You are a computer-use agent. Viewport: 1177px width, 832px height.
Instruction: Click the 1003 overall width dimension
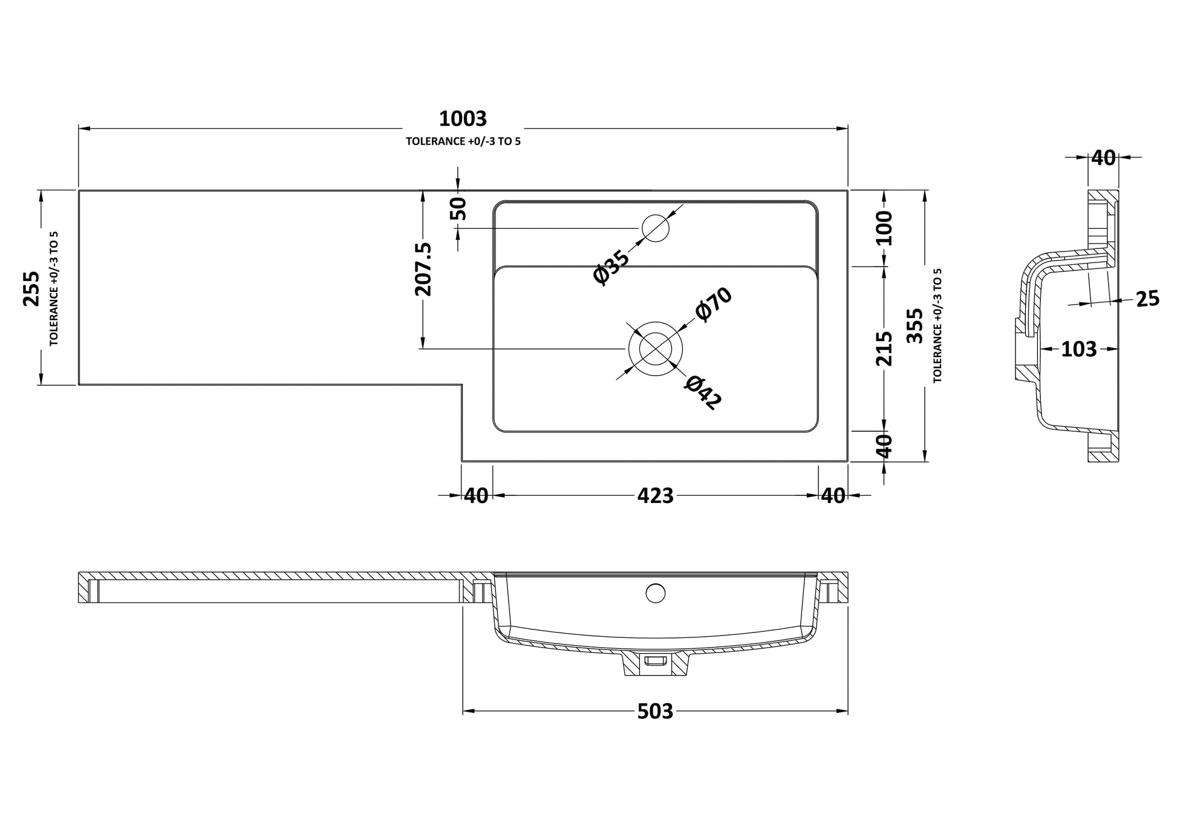click(463, 119)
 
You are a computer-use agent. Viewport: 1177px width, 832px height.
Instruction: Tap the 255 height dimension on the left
click(31, 288)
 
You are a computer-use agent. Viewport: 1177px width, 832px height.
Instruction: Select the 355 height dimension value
click(916, 326)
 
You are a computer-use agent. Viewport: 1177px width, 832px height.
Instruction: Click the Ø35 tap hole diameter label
click(611, 267)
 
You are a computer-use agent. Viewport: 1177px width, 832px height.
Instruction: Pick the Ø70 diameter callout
click(714, 304)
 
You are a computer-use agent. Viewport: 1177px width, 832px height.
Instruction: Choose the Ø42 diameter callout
click(703, 392)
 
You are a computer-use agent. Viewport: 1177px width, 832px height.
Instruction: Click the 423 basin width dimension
click(655, 496)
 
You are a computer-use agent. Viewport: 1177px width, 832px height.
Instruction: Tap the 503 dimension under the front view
click(655, 712)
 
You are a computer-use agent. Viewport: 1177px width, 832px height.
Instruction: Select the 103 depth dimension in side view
click(1078, 349)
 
